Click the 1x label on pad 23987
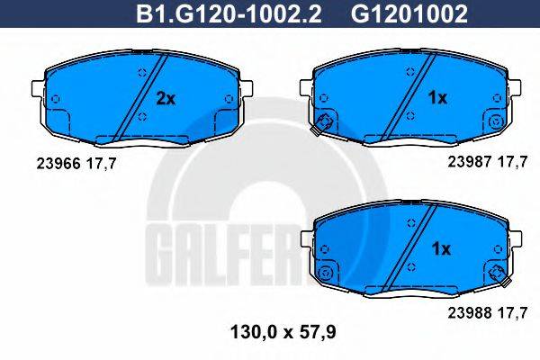coord(436,97)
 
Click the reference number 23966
coord(56,163)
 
